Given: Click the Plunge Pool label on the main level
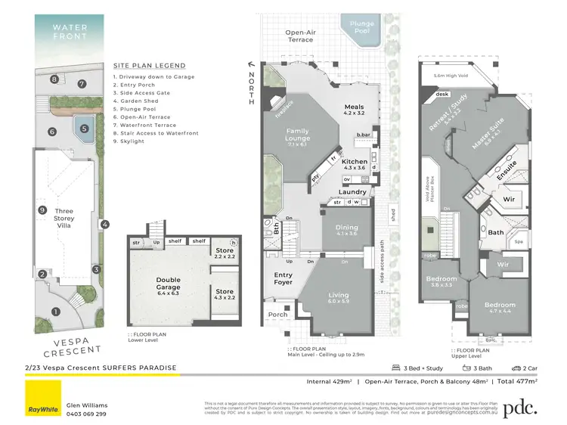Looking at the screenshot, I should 361,28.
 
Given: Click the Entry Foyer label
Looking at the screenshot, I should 283,278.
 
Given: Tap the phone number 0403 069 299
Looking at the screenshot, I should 87,414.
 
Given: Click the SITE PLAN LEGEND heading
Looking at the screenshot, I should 149,66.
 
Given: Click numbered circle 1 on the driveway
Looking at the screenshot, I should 54,311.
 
